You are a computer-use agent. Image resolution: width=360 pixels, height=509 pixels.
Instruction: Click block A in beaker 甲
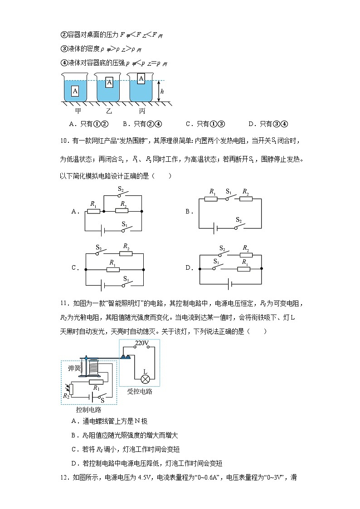point(75,91)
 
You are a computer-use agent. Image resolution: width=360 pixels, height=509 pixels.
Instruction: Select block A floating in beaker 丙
point(141,79)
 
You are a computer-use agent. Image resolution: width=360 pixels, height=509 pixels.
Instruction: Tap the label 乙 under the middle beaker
point(109,111)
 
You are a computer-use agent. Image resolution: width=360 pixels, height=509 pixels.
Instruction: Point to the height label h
point(161,92)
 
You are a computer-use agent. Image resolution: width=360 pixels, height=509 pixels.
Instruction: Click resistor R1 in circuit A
point(93,211)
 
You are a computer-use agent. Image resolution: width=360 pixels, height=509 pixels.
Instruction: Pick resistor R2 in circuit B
point(246,198)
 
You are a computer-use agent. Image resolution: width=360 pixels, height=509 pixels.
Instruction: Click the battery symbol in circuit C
point(103,286)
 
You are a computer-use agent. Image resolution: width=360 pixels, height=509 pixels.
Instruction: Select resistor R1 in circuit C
point(113,269)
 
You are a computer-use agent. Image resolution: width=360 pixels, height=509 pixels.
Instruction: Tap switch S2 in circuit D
point(223,255)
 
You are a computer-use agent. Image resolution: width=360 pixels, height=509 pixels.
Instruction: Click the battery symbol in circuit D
point(230,284)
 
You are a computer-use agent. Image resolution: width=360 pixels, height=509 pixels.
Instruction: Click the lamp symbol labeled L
point(145,378)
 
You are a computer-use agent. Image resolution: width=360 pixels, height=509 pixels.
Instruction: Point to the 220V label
point(142,344)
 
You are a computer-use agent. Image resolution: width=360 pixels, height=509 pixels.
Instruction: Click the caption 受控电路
point(139,392)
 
